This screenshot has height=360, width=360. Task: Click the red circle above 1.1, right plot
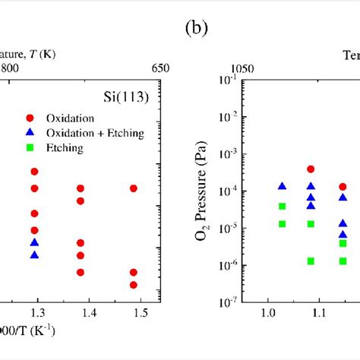(311, 169)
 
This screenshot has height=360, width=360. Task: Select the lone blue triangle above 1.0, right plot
(282, 186)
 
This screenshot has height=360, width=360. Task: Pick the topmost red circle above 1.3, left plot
(34, 172)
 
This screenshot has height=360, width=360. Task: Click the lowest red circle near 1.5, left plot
(134, 285)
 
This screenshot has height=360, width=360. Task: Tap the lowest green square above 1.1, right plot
(311, 261)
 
